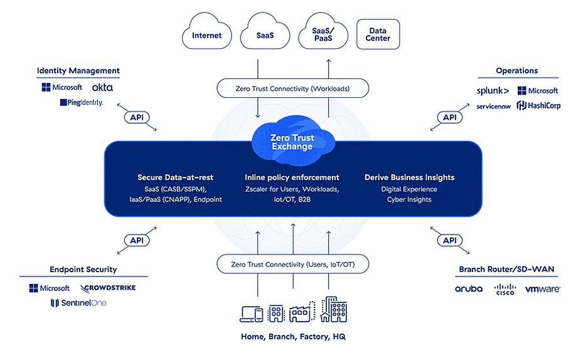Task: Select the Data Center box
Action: click(378, 34)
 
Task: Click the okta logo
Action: click(102, 87)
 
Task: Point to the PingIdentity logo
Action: click(82, 102)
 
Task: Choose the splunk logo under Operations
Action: click(493, 91)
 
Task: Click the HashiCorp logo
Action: click(538, 105)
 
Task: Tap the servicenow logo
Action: click(494, 107)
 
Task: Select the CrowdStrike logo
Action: click(108, 288)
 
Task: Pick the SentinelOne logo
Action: click(78, 303)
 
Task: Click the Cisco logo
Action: click(505, 289)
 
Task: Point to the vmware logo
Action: click(543, 289)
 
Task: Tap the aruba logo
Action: click(469, 289)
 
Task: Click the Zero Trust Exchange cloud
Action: click(292, 140)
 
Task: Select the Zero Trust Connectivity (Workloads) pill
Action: click(293, 88)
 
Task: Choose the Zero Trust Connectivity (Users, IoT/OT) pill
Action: click(293, 265)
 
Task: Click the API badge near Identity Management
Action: click(137, 117)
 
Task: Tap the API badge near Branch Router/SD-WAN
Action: click(450, 240)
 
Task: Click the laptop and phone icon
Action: click(251, 314)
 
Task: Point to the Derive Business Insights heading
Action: click(410, 177)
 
